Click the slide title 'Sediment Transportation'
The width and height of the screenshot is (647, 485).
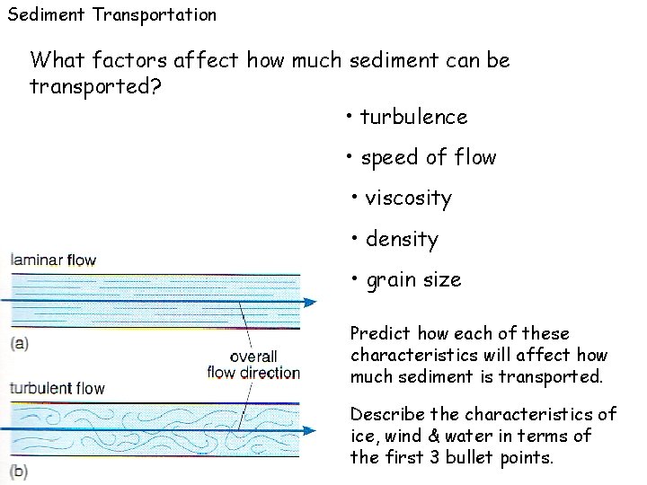[111, 14]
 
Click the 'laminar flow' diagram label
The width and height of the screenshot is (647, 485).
[53, 260]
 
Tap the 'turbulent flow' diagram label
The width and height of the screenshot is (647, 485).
[58, 389]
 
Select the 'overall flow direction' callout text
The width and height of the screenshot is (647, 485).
[253, 364]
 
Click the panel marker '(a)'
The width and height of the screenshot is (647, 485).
[20, 341]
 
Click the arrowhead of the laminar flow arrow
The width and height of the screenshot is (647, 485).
[309, 302]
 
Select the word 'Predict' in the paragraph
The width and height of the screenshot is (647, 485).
[378, 334]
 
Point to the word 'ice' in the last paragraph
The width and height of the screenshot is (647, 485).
[363, 436]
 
